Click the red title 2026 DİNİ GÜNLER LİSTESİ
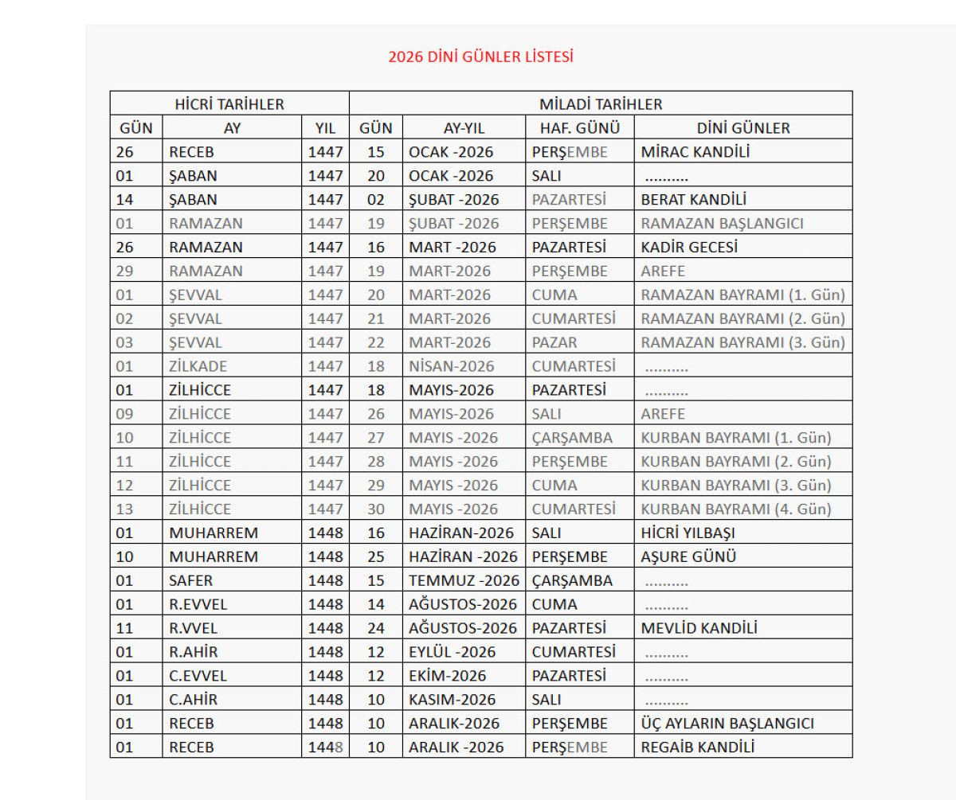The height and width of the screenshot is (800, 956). click(480, 57)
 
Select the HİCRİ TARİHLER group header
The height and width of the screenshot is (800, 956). click(229, 104)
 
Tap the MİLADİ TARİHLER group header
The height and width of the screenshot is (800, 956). click(601, 104)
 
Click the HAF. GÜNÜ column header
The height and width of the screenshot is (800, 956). click(580, 128)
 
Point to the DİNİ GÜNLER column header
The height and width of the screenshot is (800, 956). click(743, 128)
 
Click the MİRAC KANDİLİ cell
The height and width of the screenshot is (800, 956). click(695, 152)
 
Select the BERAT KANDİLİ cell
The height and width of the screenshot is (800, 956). click(693, 200)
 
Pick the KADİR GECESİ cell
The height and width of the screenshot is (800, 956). click(689, 248)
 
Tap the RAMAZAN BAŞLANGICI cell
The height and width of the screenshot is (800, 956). click(722, 224)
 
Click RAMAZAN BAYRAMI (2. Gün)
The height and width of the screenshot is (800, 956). click(742, 319)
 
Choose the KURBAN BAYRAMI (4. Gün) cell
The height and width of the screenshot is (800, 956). click(735, 509)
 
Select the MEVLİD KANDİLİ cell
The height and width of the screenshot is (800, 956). click(699, 628)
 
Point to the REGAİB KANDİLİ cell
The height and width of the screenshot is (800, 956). click(697, 747)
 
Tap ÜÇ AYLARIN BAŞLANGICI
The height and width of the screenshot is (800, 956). click(727, 724)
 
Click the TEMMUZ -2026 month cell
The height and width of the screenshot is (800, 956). click(464, 581)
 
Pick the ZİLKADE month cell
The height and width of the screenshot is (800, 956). click(198, 367)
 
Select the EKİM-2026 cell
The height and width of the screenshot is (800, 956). click(447, 676)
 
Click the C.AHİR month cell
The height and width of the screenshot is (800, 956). click(193, 700)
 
